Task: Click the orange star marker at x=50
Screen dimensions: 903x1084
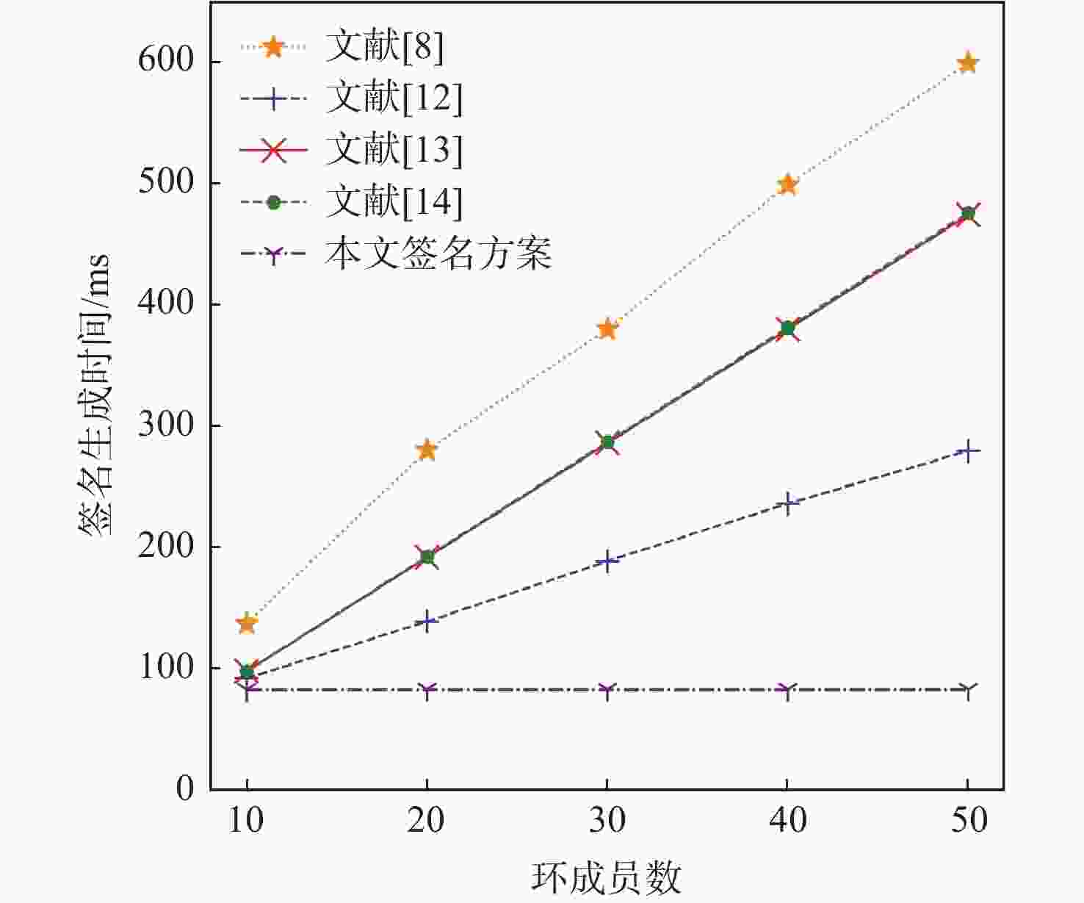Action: pos(968,62)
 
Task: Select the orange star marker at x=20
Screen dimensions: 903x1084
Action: pos(427,450)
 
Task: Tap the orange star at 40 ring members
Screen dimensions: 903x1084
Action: pos(787,184)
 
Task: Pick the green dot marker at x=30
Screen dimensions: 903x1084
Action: pos(607,442)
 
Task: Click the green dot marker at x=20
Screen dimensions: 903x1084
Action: pos(427,557)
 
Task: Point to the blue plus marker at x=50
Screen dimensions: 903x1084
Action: pos(968,450)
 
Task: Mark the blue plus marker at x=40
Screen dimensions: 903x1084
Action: pos(787,503)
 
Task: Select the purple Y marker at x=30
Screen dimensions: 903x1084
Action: pos(607,690)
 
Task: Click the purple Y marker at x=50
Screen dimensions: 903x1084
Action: pos(968,690)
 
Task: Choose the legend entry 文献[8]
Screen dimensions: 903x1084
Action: pos(384,47)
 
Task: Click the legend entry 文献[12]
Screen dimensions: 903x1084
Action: pos(394,98)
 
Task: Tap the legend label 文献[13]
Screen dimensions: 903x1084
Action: pos(394,150)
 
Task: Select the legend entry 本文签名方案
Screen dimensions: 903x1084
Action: pos(438,254)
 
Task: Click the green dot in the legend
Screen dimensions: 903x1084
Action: pos(273,202)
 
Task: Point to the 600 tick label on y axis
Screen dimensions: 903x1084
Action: pos(165,61)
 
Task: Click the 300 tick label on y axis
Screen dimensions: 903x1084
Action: pos(165,425)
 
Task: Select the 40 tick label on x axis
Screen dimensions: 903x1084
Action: pos(787,820)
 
